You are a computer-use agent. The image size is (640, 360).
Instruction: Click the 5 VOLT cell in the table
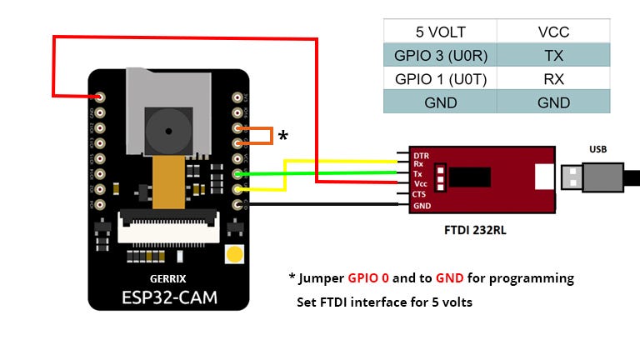[x=439, y=32]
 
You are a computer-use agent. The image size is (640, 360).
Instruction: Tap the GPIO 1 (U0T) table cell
[x=439, y=79]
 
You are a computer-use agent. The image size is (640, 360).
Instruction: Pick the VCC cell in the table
[x=553, y=32]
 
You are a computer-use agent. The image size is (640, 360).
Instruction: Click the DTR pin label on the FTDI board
[x=422, y=156]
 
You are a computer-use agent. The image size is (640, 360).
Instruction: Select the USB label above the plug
[x=597, y=149]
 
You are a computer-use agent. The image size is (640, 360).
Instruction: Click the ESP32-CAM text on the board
[x=167, y=297]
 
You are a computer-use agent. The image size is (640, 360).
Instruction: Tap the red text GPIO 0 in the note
[x=368, y=277]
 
